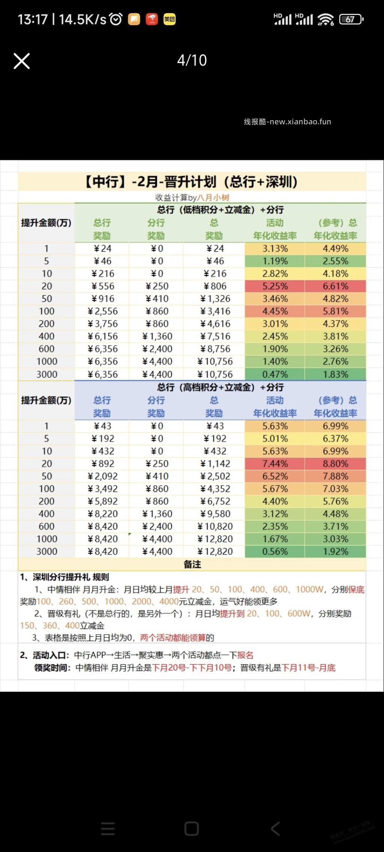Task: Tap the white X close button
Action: coord(22,61)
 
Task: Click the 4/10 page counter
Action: coord(192,60)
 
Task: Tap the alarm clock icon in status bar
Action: coord(116,19)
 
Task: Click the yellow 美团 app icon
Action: coord(169,19)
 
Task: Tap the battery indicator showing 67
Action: coord(351,19)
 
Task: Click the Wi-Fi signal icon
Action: coord(325,19)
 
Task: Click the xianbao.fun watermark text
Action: coord(287,122)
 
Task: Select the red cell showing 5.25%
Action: coord(275,286)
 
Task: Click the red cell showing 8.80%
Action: coord(335,464)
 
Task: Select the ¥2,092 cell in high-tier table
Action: coord(102,476)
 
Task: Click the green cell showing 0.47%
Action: coord(275,374)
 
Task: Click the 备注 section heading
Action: coord(192,565)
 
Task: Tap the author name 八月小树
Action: coord(213,198)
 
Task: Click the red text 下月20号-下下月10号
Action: coord(192,668)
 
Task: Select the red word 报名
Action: coord(245,655)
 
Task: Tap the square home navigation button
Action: coord(192,828)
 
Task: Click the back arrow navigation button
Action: coord(276,828)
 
